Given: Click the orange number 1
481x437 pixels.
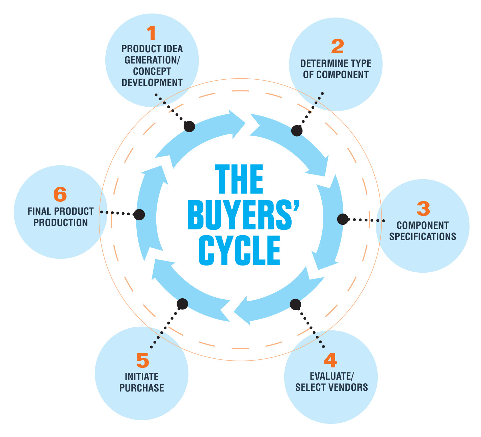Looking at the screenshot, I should pos(152,33).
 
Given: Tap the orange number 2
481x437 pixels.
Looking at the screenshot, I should pos(337,47).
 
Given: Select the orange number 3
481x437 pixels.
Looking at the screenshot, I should pos(423,209).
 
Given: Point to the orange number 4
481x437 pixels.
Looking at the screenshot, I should pos(330,360).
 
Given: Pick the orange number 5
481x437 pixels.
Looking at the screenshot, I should pos(142,361).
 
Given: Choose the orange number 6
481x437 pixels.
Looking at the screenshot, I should pos(60,195).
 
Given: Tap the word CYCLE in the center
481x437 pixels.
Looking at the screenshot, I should pos(240,250).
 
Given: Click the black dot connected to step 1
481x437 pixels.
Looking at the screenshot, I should pos(189,127).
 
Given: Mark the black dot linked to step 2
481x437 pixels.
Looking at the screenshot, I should pos(297,131).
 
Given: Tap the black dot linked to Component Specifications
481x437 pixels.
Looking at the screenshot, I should pos(343,219).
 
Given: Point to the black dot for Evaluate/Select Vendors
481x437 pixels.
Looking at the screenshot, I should pos(295,304).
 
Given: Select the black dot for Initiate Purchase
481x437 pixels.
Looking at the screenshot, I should pos(182,304).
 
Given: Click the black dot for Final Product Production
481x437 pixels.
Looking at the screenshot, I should pos(139,214).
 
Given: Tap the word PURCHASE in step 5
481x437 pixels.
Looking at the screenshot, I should pos(142,388).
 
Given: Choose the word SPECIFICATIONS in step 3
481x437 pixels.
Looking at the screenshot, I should pos(423,237).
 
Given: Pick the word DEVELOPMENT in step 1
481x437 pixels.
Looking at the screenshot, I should pos(152,83).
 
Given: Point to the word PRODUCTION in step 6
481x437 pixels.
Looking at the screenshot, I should pos(61,223).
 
